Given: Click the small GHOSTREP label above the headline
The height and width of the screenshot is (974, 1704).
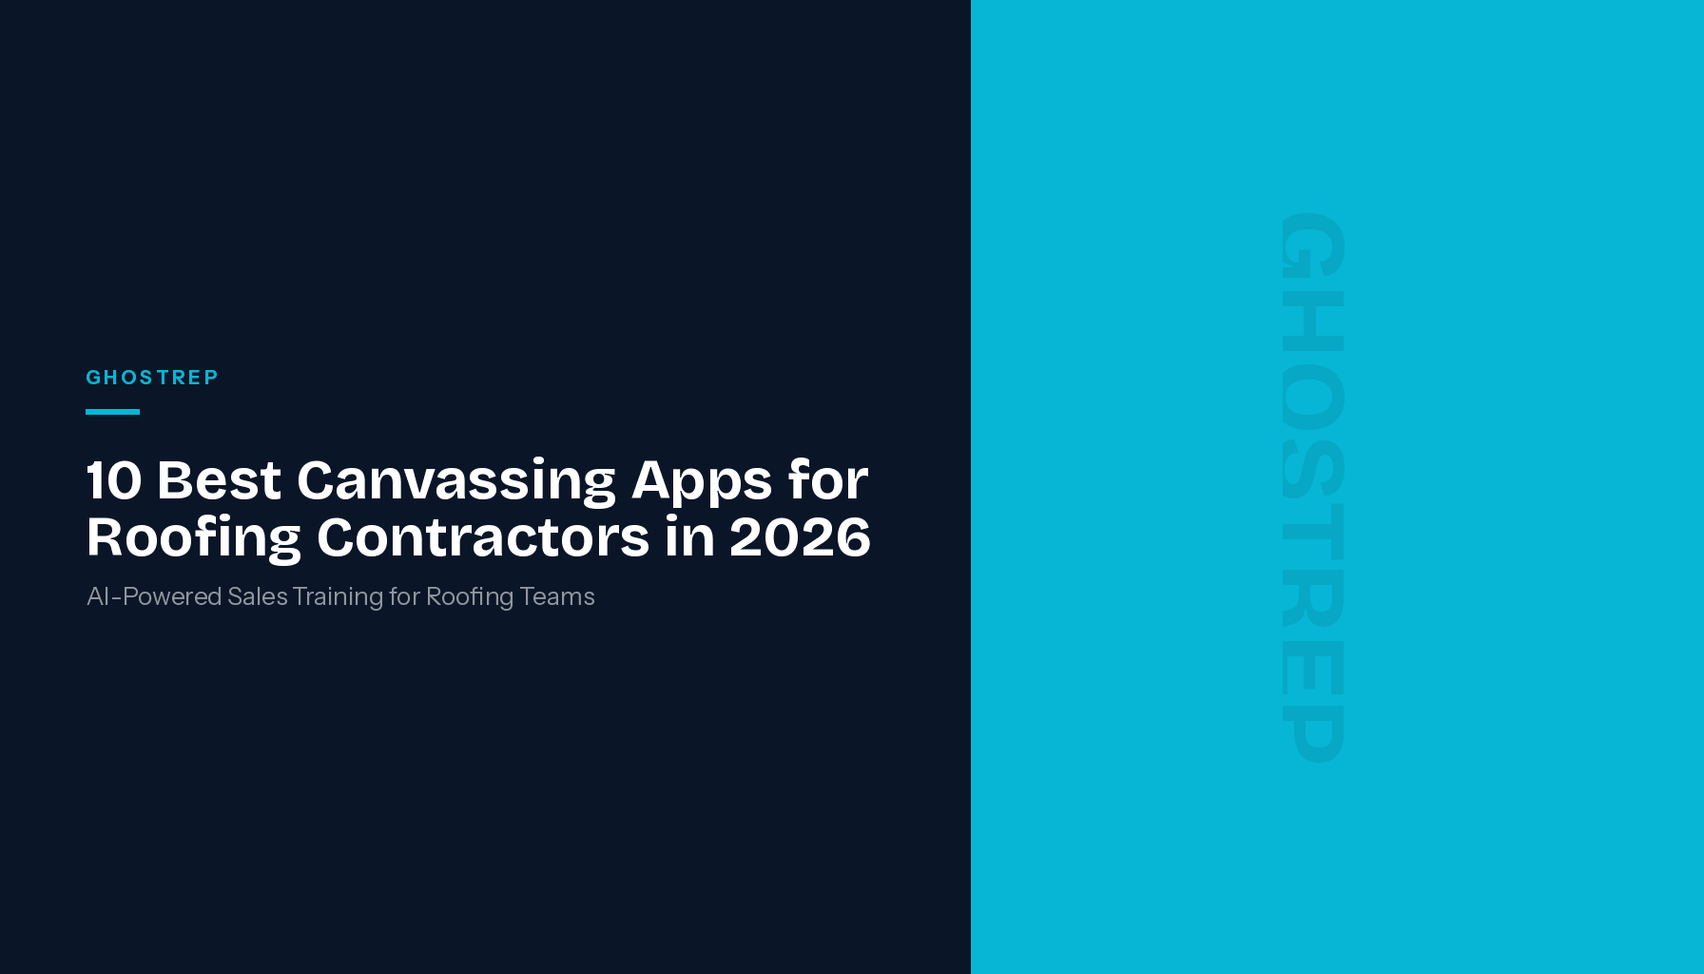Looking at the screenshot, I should [152, 378].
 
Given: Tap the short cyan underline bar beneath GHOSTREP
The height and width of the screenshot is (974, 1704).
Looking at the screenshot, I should [112, 412].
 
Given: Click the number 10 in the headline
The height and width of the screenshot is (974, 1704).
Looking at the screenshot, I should [114, 479].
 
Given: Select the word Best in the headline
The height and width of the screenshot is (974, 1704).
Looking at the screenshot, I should [219, 479].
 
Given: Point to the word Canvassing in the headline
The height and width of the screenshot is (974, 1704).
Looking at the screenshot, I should [456, 481].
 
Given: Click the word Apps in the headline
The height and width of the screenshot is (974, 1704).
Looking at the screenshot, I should [701, 481].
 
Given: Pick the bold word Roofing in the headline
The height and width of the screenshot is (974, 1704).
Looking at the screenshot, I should [193, 538].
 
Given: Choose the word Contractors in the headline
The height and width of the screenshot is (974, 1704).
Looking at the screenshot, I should [483, 536].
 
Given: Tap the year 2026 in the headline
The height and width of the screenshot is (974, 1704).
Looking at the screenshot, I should [800, 536].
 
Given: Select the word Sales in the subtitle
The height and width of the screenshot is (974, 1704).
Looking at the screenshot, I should [258, 596].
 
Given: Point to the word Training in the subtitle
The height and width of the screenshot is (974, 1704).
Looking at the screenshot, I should [338, 597].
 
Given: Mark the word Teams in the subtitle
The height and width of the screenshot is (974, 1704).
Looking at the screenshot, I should [557, 596].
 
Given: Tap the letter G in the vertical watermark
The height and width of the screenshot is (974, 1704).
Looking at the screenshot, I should [1313, 245].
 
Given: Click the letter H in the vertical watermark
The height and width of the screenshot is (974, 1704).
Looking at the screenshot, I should [1313, 321].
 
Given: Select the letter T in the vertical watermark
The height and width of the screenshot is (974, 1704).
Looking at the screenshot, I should [1313, 531].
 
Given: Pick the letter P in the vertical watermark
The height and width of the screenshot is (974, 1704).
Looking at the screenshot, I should [1313, 732].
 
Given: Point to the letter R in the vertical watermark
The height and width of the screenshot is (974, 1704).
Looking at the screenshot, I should [1313, 597].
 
